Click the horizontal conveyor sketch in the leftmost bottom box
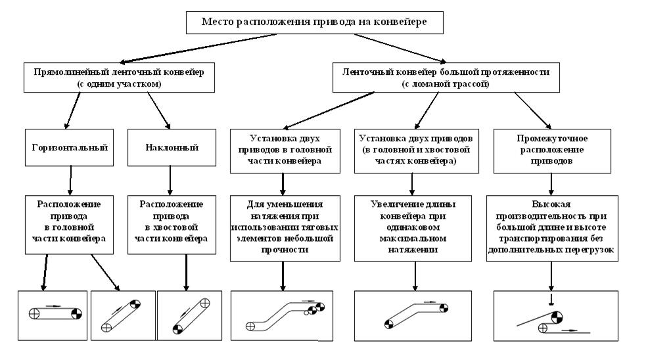pos(53,313)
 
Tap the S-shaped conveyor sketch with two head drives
pos(283,315)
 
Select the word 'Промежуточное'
pos(550,139)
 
